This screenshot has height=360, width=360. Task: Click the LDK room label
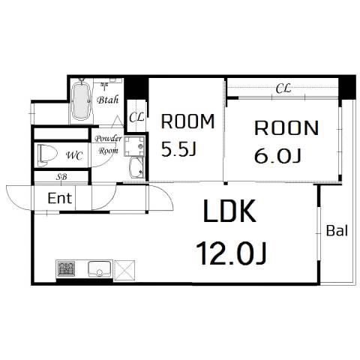(x=229, y=211)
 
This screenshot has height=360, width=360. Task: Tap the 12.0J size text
(x=231, y=253)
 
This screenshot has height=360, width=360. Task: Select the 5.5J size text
(x=178, y=149)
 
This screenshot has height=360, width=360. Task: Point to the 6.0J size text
(x=277, y=155)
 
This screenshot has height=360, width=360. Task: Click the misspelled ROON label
(x=286, y=128)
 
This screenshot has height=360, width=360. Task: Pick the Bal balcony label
(x=337, y=230)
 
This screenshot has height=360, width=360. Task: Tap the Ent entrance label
(x=60, y=198)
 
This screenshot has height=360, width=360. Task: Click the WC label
(x=74, y=156)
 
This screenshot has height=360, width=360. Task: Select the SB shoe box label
(x=61, y=177)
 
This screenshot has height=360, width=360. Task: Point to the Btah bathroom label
(x=108, y=100)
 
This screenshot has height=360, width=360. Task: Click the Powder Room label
(x=108, y=145)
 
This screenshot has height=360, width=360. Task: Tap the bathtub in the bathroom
(x=80, y=100)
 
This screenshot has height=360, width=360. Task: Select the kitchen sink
(x=100, y=269)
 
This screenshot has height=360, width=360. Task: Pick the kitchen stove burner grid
(x=66, y=268)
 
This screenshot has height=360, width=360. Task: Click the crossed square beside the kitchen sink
(x=124, y=270)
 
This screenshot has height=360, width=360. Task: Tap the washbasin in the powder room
(x=136, y=168)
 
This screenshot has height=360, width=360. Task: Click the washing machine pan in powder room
(x=134, y=146)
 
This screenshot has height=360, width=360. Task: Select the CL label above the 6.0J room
(x=283, y=88)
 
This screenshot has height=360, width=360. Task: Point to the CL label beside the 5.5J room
(x=136, y=117)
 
